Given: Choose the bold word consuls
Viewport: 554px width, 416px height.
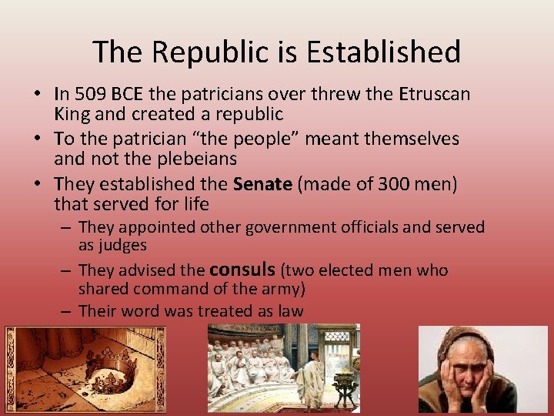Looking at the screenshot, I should [x=242, y=270].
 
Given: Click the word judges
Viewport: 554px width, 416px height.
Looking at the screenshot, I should [x=123, y=245].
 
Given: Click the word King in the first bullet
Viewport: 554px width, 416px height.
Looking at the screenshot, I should [x=70, y=115].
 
